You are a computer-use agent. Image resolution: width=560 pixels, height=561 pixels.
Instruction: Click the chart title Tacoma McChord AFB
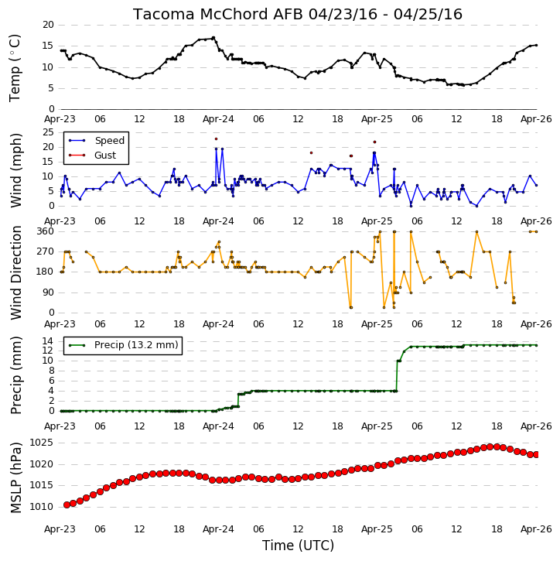click(218, 15)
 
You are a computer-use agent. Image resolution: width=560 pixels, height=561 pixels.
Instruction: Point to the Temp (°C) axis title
click(15, 68)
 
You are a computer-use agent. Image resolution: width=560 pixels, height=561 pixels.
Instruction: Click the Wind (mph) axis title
click(16, 170)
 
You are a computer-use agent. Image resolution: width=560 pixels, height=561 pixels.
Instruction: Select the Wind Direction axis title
click(16, 272)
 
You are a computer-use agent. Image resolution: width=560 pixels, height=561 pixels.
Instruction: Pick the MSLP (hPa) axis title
click(16, 477)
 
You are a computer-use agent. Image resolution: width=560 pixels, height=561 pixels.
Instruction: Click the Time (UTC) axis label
click(298, 546)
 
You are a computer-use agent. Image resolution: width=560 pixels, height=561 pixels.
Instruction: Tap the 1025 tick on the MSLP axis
click(42, 443)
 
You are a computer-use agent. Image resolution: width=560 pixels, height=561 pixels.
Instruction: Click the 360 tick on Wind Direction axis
click(46, 231)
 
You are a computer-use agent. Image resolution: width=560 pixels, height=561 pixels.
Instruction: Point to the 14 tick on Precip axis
click(48, 340)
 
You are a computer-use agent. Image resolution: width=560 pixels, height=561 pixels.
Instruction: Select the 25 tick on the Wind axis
click(48, 132)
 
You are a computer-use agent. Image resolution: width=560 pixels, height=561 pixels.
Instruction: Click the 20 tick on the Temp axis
click(48, 25)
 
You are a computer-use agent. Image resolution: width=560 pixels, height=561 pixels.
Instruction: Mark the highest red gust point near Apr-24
click(216, 139)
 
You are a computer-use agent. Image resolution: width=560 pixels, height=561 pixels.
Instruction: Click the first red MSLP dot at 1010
click(67, 505)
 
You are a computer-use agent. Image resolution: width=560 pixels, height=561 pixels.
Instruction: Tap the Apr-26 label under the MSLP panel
click(536, 529)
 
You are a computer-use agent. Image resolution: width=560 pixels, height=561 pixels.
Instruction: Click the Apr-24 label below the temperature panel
click(218, 119)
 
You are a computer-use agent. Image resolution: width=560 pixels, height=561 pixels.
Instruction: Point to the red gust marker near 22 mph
click(375, 142)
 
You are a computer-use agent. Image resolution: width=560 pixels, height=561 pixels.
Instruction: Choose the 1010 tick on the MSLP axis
click(42, 507)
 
